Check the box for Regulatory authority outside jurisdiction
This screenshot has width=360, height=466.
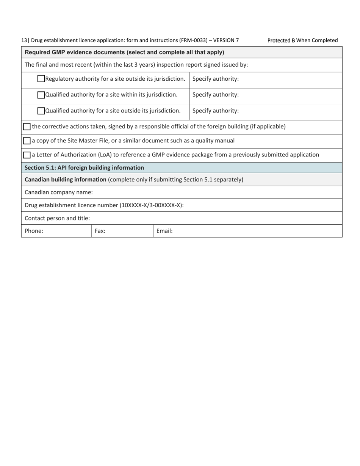(41, 79)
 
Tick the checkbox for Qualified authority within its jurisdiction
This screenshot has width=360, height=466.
(41, 95)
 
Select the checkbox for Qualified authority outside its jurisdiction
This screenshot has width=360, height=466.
(41, 111)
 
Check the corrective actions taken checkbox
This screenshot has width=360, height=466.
(27, 127)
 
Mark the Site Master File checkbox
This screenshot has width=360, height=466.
(27, 141)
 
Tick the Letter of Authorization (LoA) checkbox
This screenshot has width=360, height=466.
(27, 155)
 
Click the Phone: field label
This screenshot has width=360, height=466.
(34, 231)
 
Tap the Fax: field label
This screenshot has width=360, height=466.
(100, 231)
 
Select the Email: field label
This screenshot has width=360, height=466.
(164, 231)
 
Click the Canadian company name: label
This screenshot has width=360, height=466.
(58, 192)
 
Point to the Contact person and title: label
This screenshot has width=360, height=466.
(57, 218)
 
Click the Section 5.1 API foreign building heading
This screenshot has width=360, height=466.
(84, 167)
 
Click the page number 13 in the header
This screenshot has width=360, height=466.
(24, 40)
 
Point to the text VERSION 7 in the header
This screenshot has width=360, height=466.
(226, 40)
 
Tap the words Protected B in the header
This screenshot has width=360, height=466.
(281, 40)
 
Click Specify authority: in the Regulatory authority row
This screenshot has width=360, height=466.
(216, 79)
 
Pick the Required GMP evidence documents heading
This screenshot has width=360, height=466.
(124, 52)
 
